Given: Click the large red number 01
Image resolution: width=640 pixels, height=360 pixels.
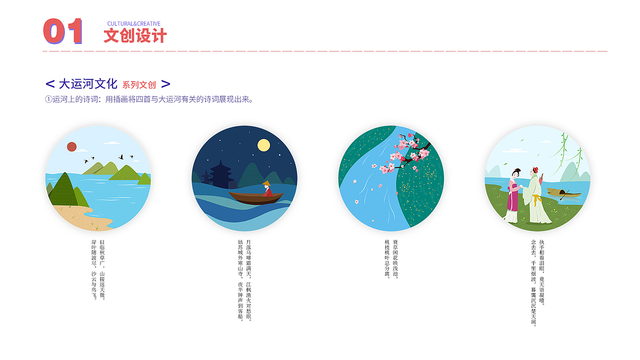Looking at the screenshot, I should (x=62, y=31).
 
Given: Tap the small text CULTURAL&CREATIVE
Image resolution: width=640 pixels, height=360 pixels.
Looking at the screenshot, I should (x=133, y=23).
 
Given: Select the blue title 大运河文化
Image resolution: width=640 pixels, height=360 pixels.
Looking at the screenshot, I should (x=88, y=84).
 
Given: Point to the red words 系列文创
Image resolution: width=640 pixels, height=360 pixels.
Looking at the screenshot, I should (x=139, y=85).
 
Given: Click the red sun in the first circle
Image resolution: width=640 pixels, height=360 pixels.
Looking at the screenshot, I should (x=71, y=146).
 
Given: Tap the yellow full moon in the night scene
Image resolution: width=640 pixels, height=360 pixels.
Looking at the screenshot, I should (x=263, y=145).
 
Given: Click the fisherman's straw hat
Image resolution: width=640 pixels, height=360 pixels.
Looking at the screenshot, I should (x=267, y=183).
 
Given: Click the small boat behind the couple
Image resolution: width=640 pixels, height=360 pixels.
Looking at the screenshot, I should (x=563, y=192).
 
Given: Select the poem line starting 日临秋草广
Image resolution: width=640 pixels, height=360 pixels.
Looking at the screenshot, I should (x=102, y=270).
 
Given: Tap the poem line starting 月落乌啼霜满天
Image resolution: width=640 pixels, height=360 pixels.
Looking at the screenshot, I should (x=248, y=280).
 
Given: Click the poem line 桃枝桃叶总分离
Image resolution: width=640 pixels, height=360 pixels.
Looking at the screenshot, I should (x=387, y=258).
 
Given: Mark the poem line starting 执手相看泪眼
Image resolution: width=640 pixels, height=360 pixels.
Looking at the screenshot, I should (x=542, y=272).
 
